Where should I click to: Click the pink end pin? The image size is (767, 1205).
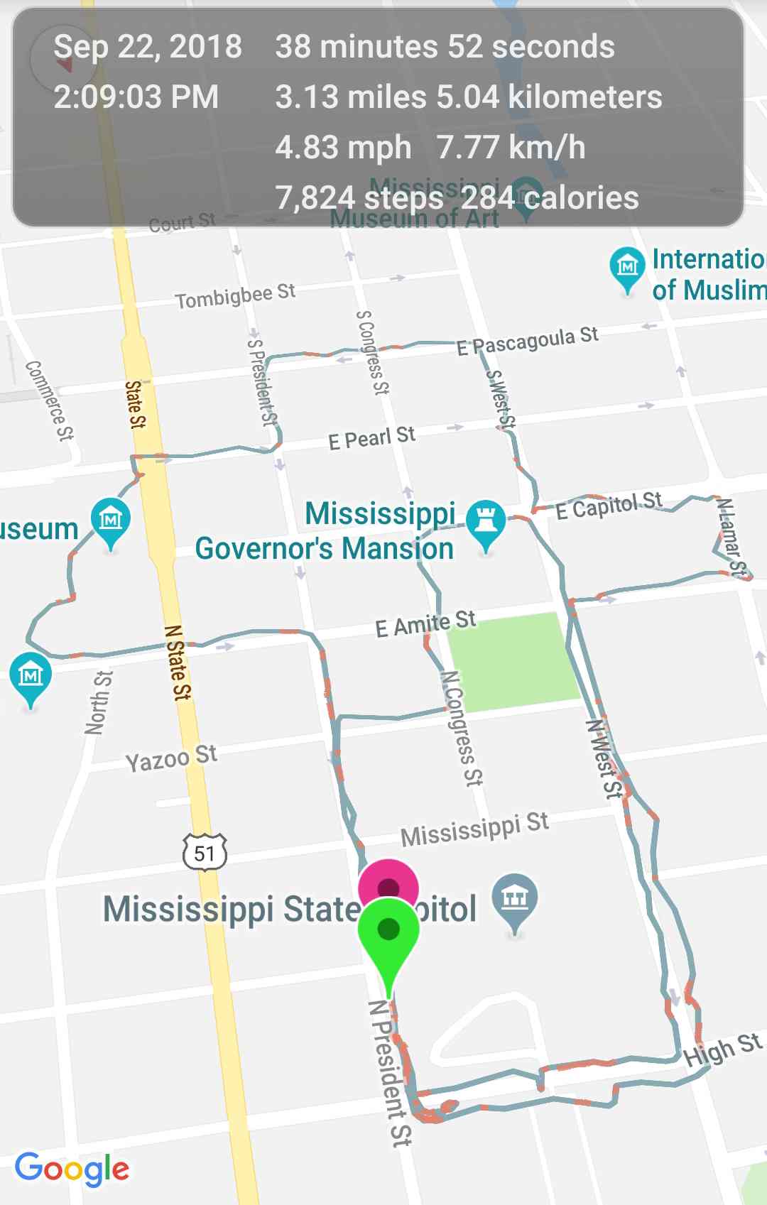[x=388, y=885]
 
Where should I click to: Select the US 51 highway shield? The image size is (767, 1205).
[x=205, y=852]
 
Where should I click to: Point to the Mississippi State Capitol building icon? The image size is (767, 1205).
[x=515, y=899]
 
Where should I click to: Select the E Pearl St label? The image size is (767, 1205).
[x=371, y=438]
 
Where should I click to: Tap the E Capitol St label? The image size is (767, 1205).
[x=608, y=506]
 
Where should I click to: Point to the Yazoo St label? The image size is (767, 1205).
[x=171, y=758]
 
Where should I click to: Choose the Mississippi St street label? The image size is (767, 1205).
[x=474, y=829]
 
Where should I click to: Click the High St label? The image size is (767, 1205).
[x=722, y=1050]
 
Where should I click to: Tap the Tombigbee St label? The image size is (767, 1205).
[x=235, y=296]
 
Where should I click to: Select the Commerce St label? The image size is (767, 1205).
[x=49, y=400]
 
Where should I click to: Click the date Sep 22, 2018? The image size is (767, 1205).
[x=148, y=47]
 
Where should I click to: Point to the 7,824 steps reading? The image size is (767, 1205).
[x=359, y=198]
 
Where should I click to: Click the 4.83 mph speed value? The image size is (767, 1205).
[x=343, y=148]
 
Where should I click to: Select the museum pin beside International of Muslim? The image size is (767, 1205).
[x=626, y=267]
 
